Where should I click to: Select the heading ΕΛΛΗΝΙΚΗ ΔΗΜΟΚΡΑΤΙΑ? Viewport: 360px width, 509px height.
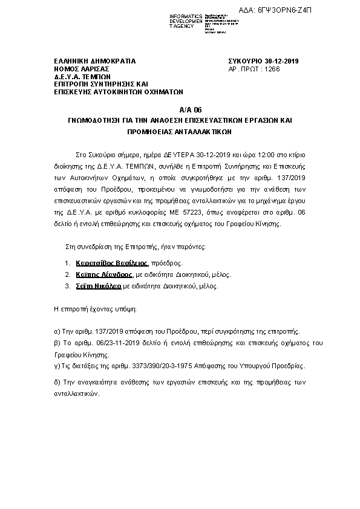point(94,61)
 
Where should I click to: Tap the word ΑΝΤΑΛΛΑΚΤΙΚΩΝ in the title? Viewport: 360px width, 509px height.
point(207,131)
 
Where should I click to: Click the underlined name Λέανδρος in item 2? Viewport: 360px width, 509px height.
point(115,274)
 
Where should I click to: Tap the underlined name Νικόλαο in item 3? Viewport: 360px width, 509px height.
point(111,285)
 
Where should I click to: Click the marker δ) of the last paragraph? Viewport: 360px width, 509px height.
point(58,383)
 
